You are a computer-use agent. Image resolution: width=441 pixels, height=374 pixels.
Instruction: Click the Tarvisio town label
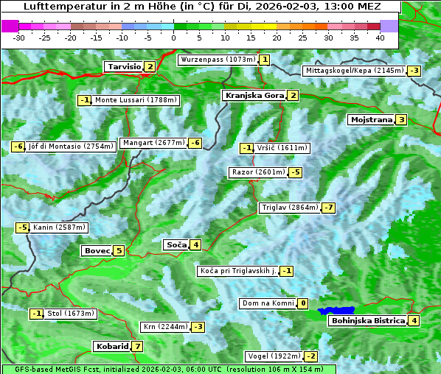[x=124, y=66]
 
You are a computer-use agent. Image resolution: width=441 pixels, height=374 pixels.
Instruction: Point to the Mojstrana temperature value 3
[x=401, y=119]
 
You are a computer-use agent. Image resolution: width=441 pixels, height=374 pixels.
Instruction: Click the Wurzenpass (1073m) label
[x=218, y=60]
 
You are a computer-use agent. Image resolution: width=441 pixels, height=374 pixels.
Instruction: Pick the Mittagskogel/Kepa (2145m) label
[x=354, y=71]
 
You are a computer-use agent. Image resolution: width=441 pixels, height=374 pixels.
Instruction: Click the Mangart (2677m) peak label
[x=153, y=143]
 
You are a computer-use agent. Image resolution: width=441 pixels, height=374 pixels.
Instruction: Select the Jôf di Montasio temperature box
[x=18, y=147]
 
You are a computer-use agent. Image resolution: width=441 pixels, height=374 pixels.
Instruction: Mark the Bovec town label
[x=97, y=250]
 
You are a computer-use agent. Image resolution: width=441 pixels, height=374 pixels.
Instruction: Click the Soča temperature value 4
[x=195, y=244]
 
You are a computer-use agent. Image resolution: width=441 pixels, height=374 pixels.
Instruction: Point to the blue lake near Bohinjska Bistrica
[x=337, y=311]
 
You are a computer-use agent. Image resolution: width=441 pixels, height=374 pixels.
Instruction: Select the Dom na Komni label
[x=268, y=303]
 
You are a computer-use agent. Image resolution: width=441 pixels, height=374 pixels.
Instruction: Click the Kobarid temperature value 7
[x=137, y=346]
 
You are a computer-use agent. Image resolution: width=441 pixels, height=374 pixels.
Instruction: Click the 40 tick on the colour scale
[x=380, y=37]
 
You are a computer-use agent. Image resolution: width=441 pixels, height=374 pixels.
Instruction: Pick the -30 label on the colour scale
[x=19, y=37]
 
